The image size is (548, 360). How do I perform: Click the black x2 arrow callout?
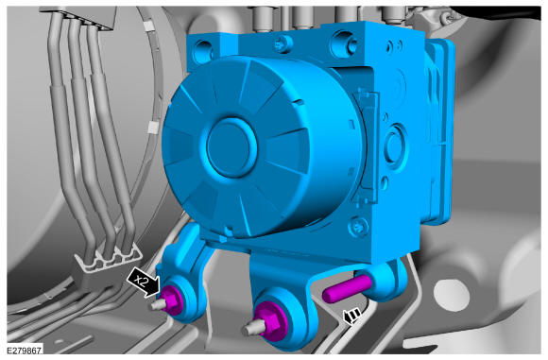pos(144,283)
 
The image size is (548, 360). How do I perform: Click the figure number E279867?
pos(25,350)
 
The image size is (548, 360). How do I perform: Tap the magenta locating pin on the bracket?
pos(347,288)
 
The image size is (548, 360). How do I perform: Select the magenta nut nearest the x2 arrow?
pos(171,300)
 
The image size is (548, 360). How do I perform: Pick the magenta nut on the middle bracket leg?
pos(270,324)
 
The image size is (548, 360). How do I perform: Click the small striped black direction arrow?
pos(351,317)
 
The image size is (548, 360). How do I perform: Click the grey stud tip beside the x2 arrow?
pos(157,305)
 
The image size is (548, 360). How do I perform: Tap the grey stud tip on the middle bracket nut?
pos(251,329)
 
